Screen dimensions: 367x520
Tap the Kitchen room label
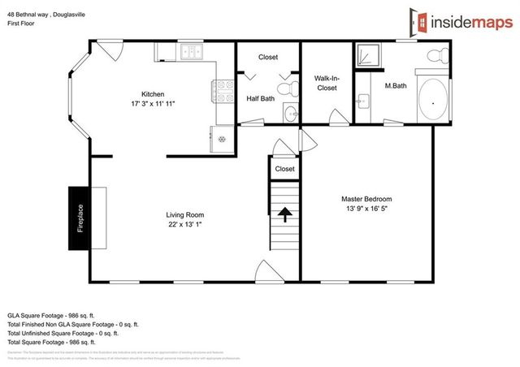153,93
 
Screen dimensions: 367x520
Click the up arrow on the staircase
284,214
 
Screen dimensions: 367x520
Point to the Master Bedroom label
366,199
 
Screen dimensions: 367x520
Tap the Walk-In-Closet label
327,82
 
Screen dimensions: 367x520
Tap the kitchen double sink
193,54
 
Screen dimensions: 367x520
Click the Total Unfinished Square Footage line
63,332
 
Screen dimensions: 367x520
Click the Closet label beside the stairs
284,169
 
